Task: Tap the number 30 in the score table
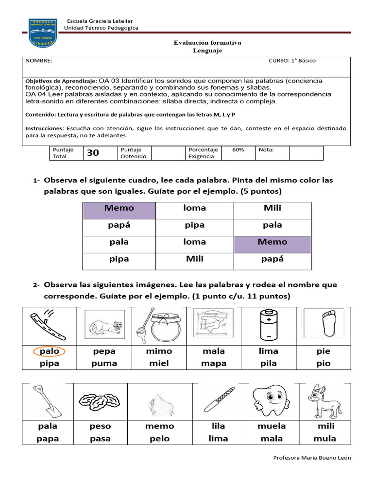pyautogui.click(x=93, y=153)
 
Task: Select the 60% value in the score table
pyautogui.click(x=238, y=150)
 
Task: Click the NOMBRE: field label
pyautogui.click(x=39, y=61)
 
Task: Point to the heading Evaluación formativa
pyautogui.click(x=207, y=43)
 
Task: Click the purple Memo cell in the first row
pyautogui.click(x=119, y=208)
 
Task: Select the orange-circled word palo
pyautogui.click(x=49, y=351)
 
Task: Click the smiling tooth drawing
pyautogui.click(x=269, y=401)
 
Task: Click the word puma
pyautogui.click(x=104, y=363)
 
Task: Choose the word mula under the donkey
pyautogui.click(x=324, y=439)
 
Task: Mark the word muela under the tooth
pyautogui.click(x=271, y=426)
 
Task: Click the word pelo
pyautogui.click(x=159, y=439)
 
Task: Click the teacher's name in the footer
pyautogui.click(x=312, y=458)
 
